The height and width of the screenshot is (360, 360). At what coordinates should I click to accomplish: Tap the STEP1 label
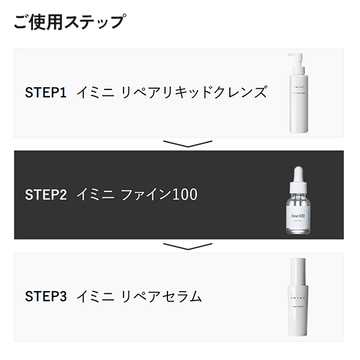coord(46,93)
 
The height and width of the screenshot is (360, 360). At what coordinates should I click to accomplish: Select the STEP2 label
coord(46,195)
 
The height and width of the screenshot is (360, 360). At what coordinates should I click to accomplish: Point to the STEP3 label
coord(46,296)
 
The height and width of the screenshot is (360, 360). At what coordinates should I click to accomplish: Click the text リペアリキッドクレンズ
coord(193,93)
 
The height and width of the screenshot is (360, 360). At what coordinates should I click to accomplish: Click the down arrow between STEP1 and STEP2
coord(188,144)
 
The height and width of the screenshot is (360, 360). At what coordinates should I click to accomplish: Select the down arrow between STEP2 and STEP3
coord(188,246)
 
